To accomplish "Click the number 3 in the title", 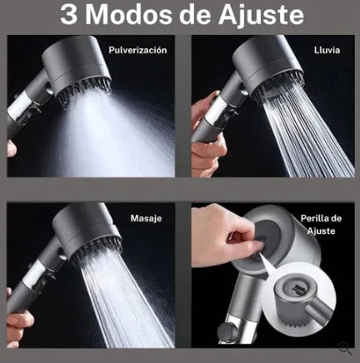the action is pos(68,14).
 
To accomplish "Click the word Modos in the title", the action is pos(129,14).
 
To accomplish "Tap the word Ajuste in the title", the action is pos(261,15).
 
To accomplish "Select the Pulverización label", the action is pos(137,50).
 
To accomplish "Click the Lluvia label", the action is pos(327,50).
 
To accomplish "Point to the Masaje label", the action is pos(146,218).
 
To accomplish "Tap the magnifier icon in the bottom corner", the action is pos(345,349).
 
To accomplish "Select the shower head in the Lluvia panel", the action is pos(267,69).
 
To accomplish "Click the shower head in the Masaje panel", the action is pos(87,236).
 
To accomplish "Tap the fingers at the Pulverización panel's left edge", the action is pos(11,148).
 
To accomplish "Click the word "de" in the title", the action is pos(195,14).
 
